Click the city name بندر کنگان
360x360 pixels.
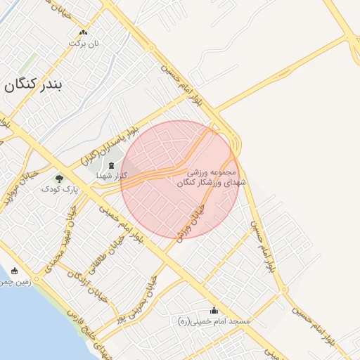33,86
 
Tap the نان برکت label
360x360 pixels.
84,43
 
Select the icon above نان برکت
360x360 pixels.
84,32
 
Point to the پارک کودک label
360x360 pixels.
58,189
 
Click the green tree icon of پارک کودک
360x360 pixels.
58,179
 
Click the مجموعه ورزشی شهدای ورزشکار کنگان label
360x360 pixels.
214,177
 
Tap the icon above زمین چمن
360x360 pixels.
14,271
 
